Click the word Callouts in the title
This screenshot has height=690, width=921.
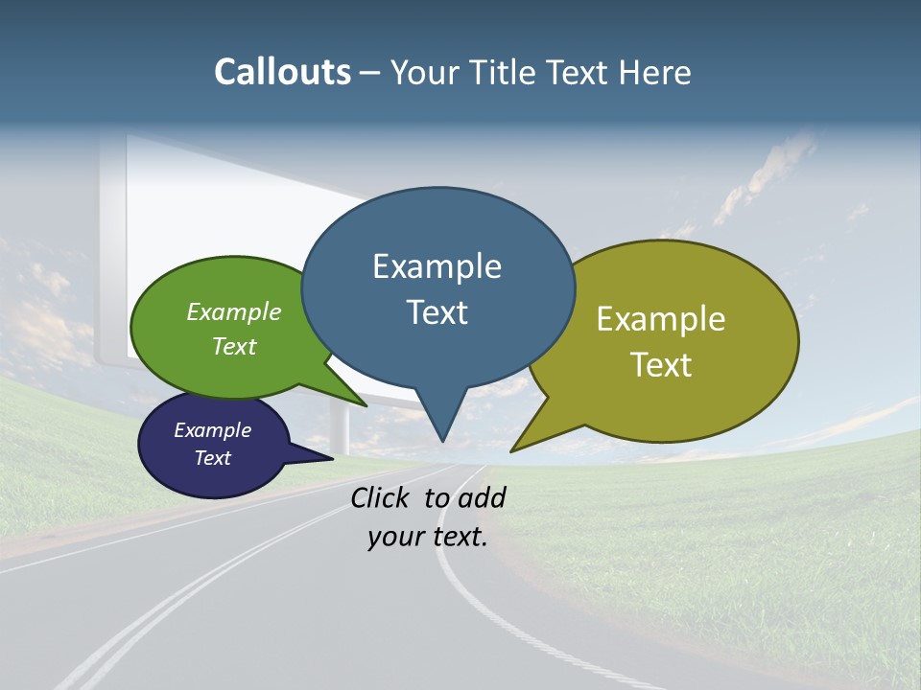click(x=282, y=72)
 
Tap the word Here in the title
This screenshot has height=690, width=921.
click(x=655, y=72)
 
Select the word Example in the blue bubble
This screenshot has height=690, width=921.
click(x=437, y=266)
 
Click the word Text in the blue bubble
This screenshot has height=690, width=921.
click(x=437, y=311)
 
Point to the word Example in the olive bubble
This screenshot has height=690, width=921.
click(x=661, y=319)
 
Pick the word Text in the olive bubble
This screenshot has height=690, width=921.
click(x=661, y=364)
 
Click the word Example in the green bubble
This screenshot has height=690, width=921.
click(x=234, y=311)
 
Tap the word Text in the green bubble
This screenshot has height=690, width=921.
click(x=234, y=346)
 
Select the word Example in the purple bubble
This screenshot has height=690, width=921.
click(x=212, y=430)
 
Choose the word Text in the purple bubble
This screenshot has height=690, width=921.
click(x=212, y=458)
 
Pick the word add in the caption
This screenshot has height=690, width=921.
click(x=481, y=497)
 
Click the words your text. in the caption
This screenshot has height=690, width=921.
click(x=427, y=537)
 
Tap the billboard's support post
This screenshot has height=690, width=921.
click(x=340, y=426)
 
